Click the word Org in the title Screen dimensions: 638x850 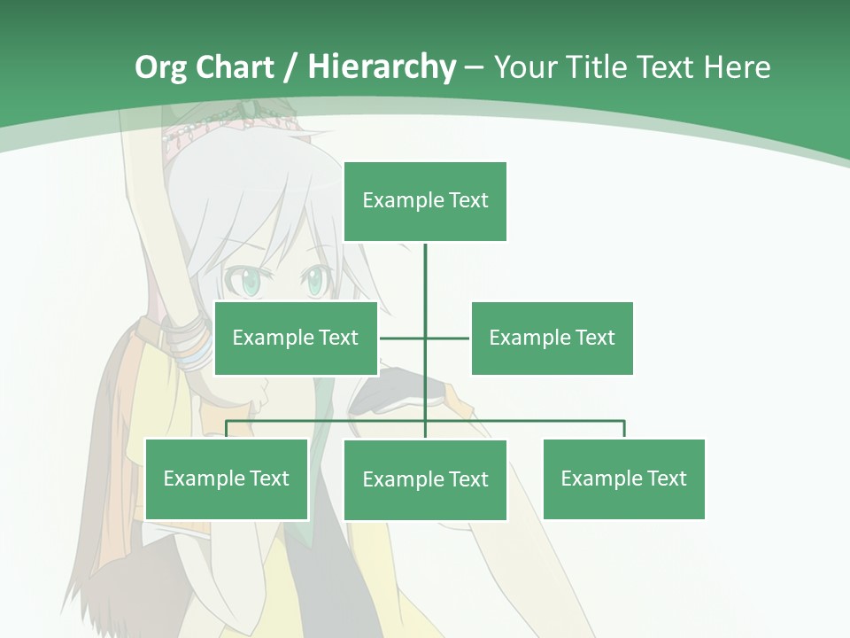pos(160,67)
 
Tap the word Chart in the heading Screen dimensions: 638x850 pos(234,67)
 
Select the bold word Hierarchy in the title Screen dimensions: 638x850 pos(382,67)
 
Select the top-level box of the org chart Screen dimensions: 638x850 pos(425,201)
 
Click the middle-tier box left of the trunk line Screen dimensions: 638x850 pos(296,338)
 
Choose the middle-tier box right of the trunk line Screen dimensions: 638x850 pos(552,338)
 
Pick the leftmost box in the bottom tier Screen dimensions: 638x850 pos(227,478)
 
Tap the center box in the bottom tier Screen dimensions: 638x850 pos(425,479)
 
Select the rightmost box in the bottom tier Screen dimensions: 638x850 pos(623,478)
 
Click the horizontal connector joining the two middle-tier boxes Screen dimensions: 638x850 pos(447,338)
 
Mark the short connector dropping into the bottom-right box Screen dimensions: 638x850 pos(624,429)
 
